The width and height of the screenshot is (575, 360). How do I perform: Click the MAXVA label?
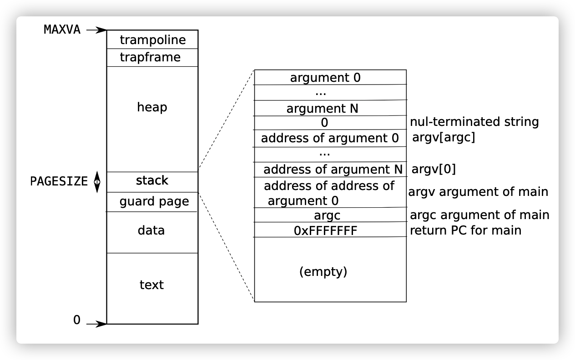pyautogui.click(x=62, y=30)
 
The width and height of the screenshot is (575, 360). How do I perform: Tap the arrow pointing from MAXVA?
pyautogui.click(x=96, y=30)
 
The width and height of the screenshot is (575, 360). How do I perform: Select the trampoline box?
pyautogui.click(x=152, y=40)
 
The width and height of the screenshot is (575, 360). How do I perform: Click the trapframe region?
pyautogui.click(x=152, y=57)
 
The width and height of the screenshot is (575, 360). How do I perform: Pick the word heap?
pyautogui.click(x=152, y=107)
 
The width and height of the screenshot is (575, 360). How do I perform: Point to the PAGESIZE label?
pyautogui.click(x=59, y=181)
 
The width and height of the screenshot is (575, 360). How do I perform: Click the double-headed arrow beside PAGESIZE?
pyautogui.click(x=96, y=181)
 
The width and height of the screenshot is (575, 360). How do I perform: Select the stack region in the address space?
pyautogui.click(x=152, y=181)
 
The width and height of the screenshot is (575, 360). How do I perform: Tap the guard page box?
pyautogui.click(x=154, y=201)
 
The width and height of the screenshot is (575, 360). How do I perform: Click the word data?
pyautogui.click(x=151, y=230)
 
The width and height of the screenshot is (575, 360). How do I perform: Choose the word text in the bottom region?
pyautogui.click(x=151, y=285)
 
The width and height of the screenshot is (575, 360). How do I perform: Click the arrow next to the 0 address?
pyautogui.click(x=96, y=324)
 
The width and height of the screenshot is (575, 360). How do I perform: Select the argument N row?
pyautogui.click(x=323, y=109)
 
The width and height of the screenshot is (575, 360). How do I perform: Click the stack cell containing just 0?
pyautogui.click(x=324, y=123)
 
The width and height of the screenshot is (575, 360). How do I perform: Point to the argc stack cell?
pyautogui.click(x=327, y=215)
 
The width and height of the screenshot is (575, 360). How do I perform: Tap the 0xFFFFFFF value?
pyautogui.click(x=326, y=231)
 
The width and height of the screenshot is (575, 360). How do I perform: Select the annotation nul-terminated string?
pyautogui.click(x=474, y=122)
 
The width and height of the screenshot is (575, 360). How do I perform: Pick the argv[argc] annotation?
pyautogui.click(x=444, y=138)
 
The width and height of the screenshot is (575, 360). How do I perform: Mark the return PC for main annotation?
pyautogui.click(x=465, y=230)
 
